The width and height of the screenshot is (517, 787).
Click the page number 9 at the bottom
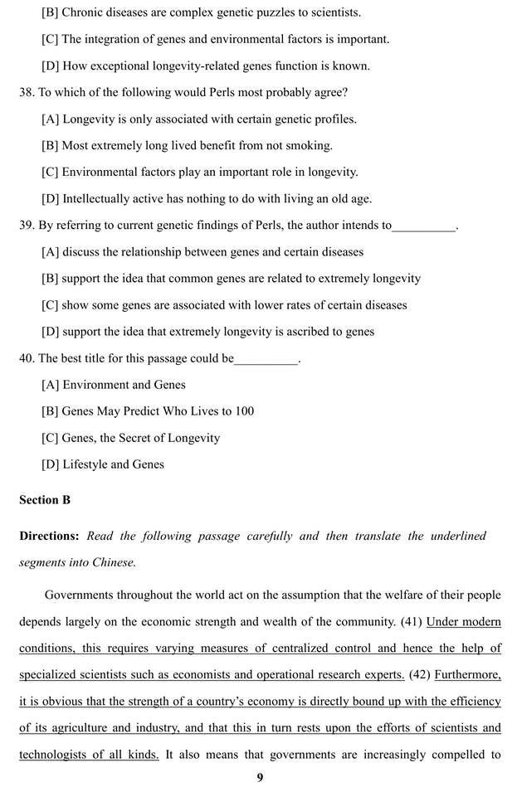coord(259,777)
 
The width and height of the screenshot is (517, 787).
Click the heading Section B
coord(45,500)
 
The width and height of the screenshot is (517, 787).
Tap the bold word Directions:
coord(50,536)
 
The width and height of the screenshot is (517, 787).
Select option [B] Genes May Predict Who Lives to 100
coord(148,411)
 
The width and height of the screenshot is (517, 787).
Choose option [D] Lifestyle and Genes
coord(103,464)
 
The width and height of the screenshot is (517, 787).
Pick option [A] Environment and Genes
coord(114,385)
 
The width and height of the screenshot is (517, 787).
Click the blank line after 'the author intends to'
coord(424,226)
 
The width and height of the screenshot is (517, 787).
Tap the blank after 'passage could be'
coord(266,359)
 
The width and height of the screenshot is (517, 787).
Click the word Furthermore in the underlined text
coord(467,674)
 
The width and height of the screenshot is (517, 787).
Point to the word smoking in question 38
coord(310,145)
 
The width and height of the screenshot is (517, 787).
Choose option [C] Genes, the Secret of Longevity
coord(130,438)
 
